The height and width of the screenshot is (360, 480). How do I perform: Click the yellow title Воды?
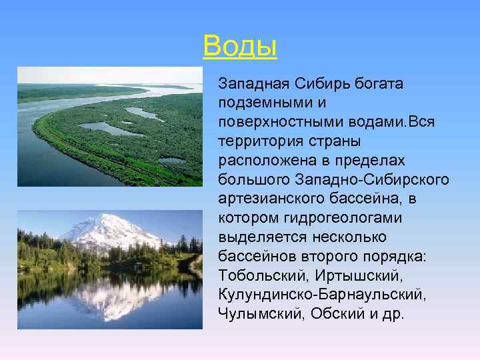pyautogui.click(x=240, y=46)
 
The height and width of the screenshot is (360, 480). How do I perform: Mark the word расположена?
pyautogui.click(x=259, y=161)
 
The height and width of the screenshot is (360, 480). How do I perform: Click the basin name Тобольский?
pyautogui.click(x=255, y=275)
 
